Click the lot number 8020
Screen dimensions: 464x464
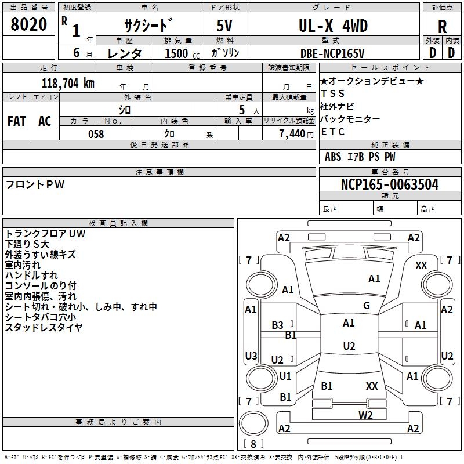tap(28, 24)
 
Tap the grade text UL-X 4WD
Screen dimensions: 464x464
tap(333, 26)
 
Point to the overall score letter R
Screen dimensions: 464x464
tap(442, 27)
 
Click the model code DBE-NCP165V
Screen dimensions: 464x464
tap(332, 53)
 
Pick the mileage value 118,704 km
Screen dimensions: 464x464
tap(68, 84)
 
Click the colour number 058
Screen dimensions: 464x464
tap(96, 134)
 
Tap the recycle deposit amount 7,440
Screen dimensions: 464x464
tap(292, 134)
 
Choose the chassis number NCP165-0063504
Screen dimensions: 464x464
tap(390, 184)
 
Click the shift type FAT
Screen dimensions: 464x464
tap(17, 121)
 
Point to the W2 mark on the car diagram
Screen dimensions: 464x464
tap(365, 415)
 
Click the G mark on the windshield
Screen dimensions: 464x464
tap(367, 306)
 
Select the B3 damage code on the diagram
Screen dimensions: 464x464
tap(278, 325)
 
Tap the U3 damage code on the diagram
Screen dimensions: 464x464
tap(251, 356)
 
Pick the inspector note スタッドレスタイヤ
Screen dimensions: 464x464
tap(43, 327)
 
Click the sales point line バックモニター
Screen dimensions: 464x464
tap(350, 119)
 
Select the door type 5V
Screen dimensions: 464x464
tap(224, 26)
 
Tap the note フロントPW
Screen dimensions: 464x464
tap(35, 184)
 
